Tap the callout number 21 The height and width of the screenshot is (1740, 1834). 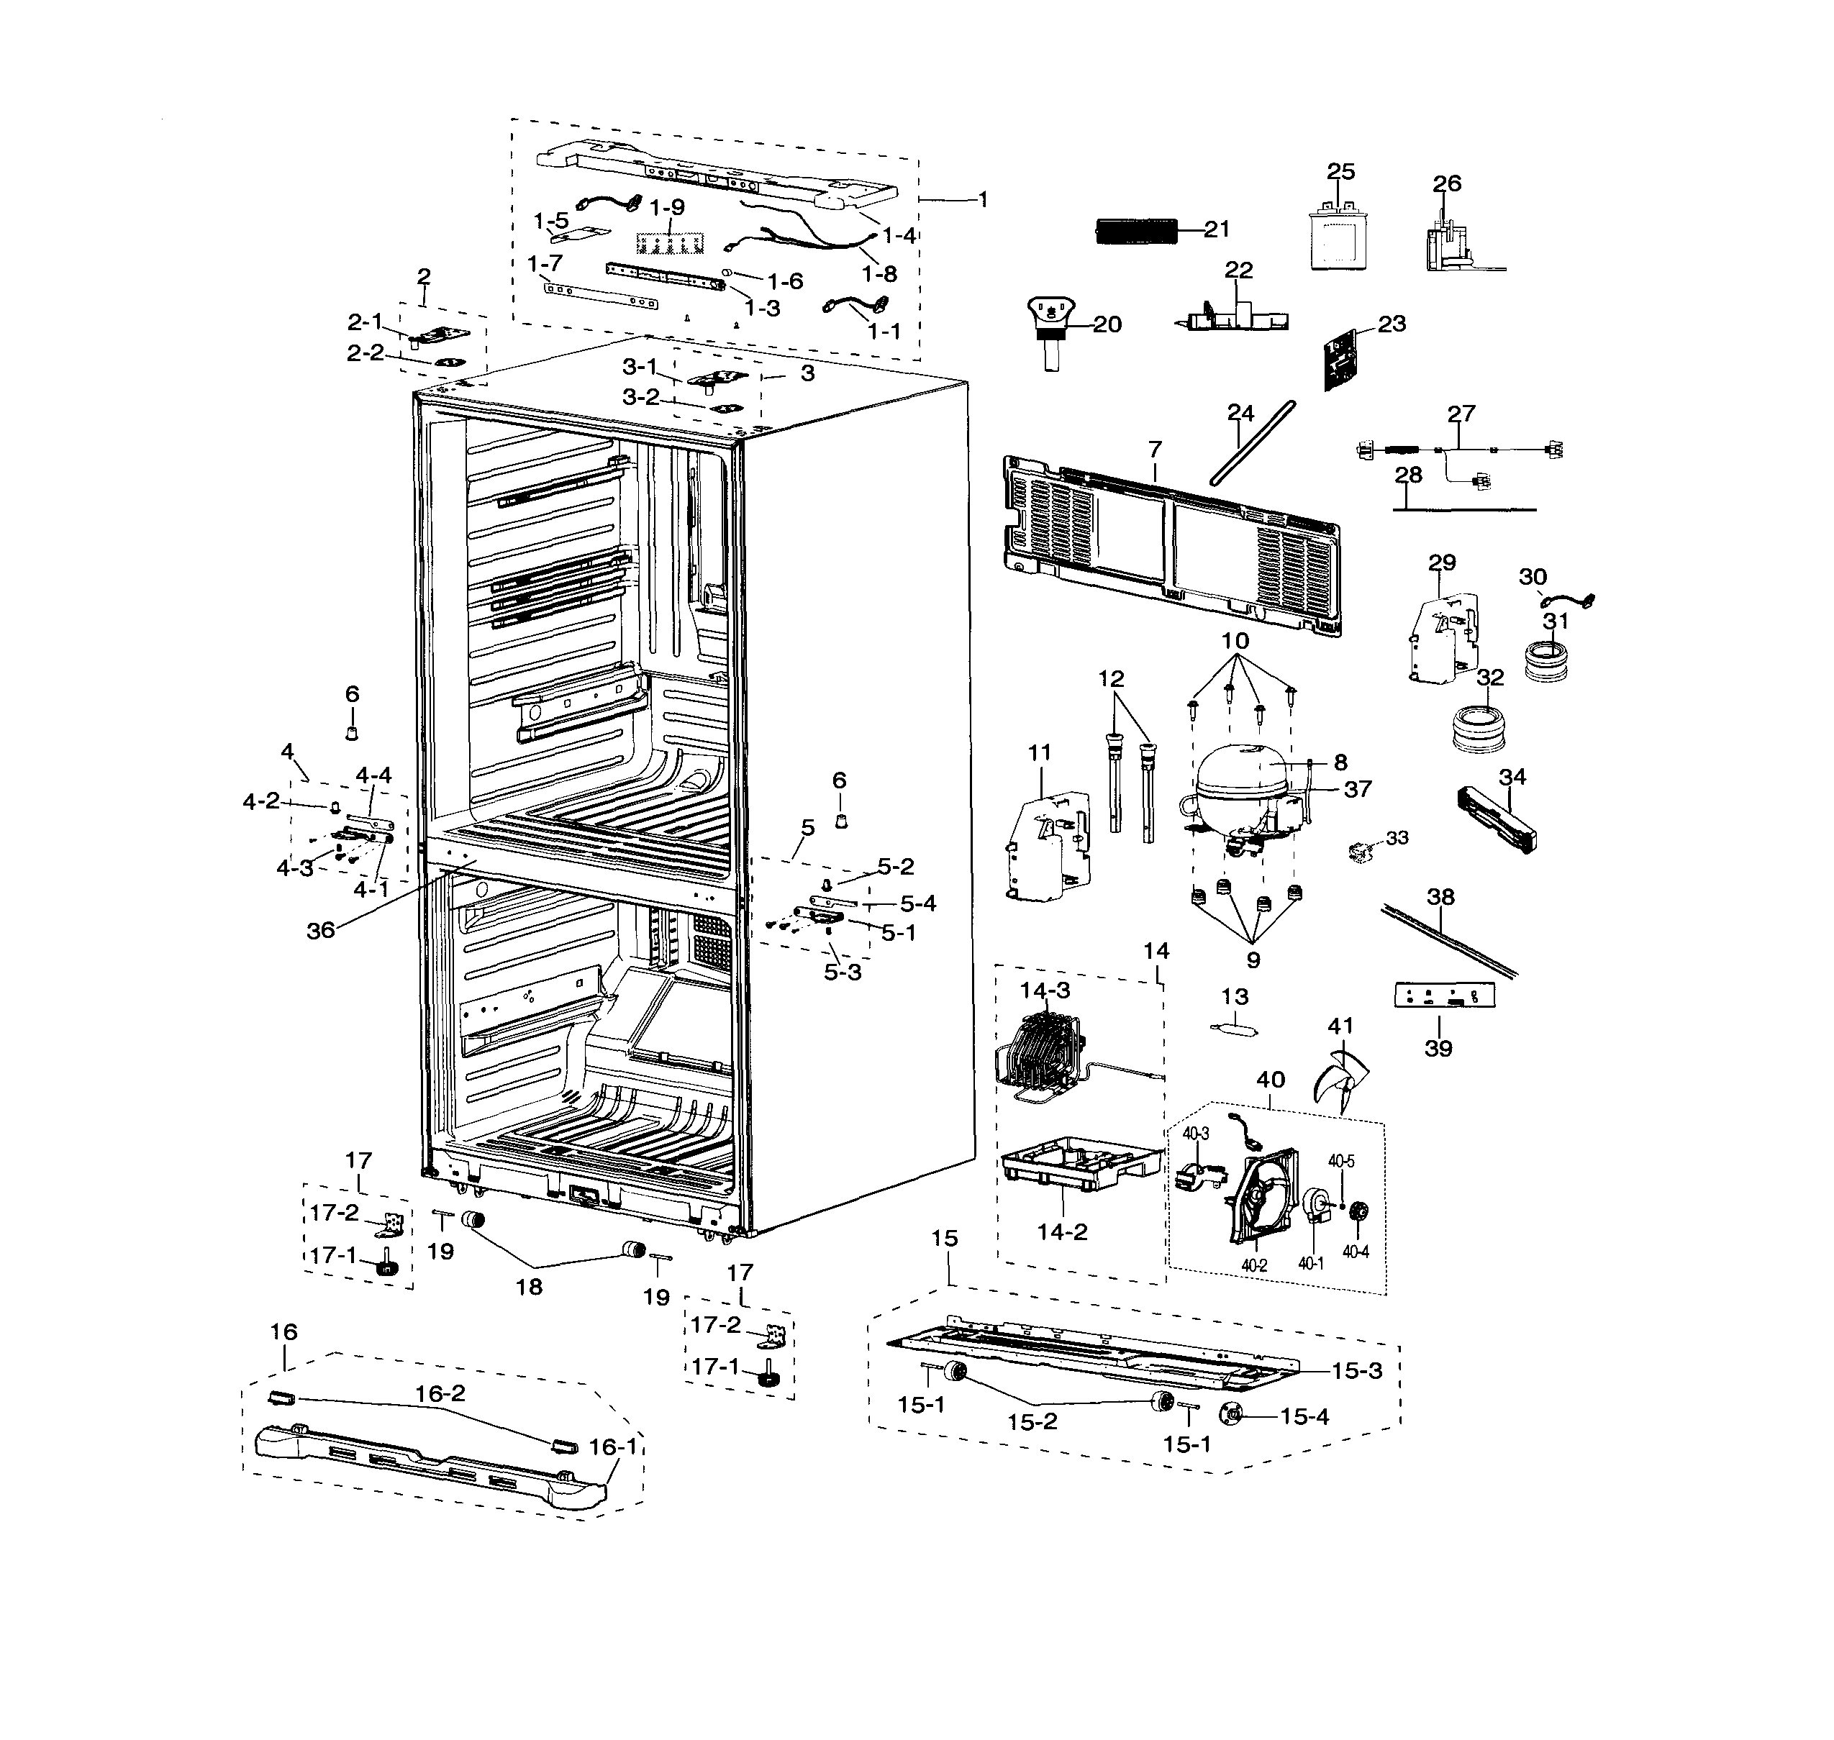[1216, 229]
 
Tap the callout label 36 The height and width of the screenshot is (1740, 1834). [320, 930]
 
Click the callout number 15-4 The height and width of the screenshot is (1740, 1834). [1304, 1416]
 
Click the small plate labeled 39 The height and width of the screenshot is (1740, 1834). [1444, 996]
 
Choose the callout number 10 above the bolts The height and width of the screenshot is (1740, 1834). [1235, 641]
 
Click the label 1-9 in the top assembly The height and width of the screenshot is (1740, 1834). [667, 208]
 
